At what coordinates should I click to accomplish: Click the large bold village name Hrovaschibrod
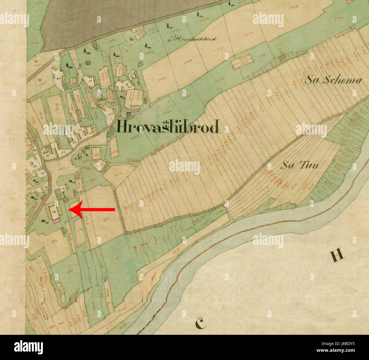pos(168,127)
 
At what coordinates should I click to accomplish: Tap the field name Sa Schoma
pos(334,80)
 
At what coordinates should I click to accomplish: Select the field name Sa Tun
pos(299,165)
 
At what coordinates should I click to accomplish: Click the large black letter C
pos(201,323)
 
